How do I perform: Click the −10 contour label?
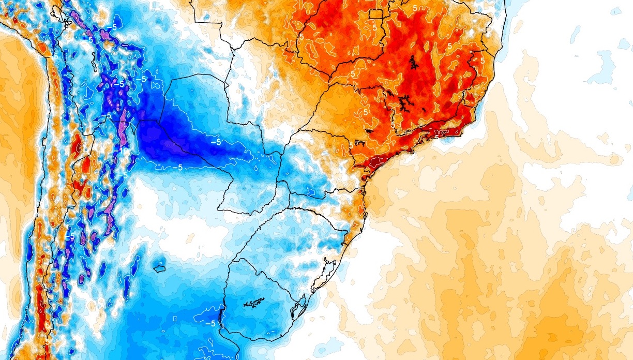[122, 148]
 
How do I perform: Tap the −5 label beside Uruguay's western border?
[210, 323]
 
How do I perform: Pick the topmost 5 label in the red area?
[415, 8]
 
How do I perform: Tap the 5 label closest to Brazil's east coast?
[483, 61]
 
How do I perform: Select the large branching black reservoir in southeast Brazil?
[403, 103]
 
